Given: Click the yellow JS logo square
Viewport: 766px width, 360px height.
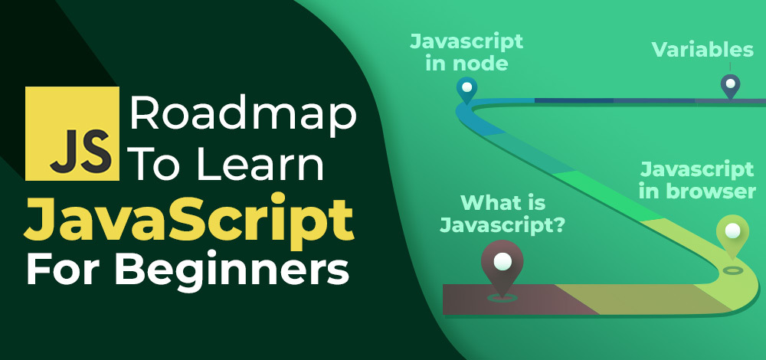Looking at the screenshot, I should [72, 133].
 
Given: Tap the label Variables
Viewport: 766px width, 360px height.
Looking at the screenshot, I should [702, 51].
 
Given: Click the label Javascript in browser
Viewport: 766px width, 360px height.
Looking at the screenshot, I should [697, 179].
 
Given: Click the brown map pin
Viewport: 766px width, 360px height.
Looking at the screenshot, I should [501, 268].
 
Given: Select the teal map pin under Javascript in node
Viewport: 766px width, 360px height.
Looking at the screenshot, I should [465, 89].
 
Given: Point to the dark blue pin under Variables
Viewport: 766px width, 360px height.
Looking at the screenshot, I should [730, 85].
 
